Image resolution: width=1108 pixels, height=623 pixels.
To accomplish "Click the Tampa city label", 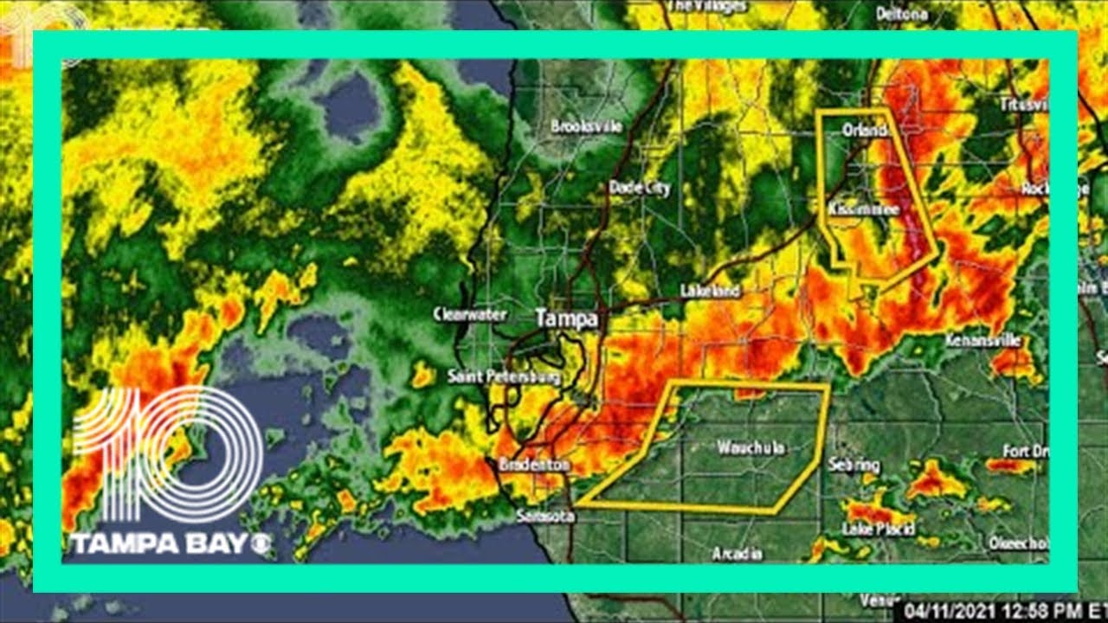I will (x=566, y=318).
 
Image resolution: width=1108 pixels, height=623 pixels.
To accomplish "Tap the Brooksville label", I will (x=587, y=126).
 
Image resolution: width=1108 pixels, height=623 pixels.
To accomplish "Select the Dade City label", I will (x=640, y=187).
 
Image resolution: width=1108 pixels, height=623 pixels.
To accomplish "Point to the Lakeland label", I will (x=710, y=291).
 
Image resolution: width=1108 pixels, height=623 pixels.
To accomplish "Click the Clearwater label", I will (x=470, y=315).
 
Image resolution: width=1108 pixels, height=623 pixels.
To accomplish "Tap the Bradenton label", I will (x=534, y=466).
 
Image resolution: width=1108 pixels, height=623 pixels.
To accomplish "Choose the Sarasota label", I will (x=544, y=517).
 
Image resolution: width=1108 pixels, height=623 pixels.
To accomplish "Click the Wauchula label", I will (x=750, y=447).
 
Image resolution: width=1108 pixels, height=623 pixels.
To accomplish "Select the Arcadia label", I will (x=738, y=554).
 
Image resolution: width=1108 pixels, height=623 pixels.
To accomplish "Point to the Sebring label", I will (x=854, y=466).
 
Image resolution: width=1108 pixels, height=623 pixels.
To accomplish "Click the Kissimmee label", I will (x=863, y=210).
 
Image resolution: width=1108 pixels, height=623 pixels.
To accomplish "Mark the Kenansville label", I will (x=983, y=340).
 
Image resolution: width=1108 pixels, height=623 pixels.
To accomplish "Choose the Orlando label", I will (x=866, y=131).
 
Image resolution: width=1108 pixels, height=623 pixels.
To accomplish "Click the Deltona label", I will (x=901, y=13).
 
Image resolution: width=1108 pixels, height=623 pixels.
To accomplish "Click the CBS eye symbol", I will (x=261, y=544).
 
